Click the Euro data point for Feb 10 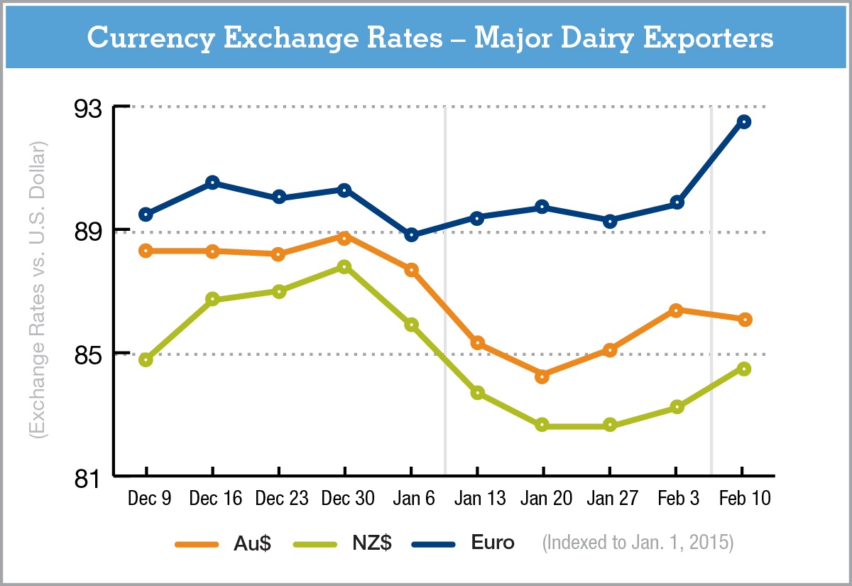[743, 121]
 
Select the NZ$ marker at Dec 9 [146, 360]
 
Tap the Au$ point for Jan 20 [542, 376]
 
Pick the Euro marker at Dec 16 [212, 183]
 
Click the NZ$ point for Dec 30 [344, 266]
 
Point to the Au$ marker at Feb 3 [676, 310]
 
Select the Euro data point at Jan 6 [411, 235]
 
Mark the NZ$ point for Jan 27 [609, 425]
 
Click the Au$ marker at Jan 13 [477, 343]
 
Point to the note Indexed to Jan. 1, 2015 [638, 543]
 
